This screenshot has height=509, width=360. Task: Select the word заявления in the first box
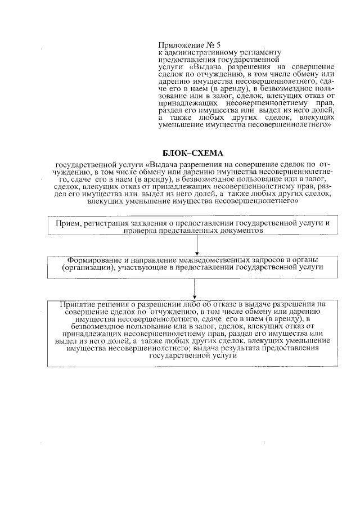click(x=154, y=224)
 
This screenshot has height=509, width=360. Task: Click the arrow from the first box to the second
click(x=197, y=245)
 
